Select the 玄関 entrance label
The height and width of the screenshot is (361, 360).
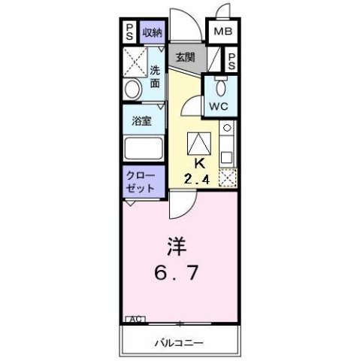(x=186, y=57)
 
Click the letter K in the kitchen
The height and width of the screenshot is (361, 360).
(x=201, y=163)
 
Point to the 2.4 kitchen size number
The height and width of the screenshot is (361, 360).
(x=198, y=178)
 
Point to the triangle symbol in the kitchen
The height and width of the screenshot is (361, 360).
(x=201, y=141)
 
